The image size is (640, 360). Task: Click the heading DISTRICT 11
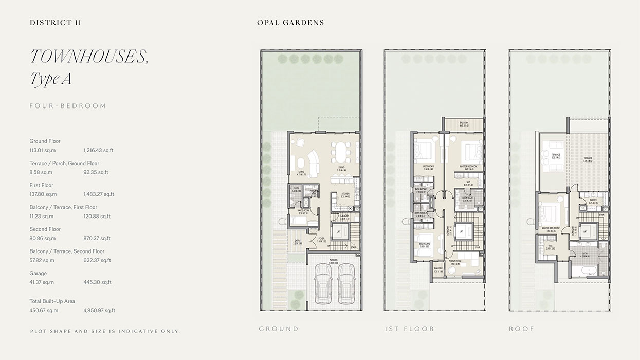coord(56,23)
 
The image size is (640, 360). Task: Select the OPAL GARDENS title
coord(290,23)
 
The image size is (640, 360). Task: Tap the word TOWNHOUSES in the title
coord(89,57)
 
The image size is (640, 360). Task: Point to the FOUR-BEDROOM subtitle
coord(67,106)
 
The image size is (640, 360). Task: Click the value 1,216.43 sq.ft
coord(98,150)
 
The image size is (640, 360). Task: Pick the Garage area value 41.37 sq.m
coord(42,282)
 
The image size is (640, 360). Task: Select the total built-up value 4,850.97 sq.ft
coord(99,310)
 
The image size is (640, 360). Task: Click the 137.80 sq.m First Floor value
coord(43,194)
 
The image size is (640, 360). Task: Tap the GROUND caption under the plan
coord(279,329)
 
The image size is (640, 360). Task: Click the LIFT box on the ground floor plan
coord(339,232)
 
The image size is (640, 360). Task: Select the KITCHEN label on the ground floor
coord(345,194)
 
